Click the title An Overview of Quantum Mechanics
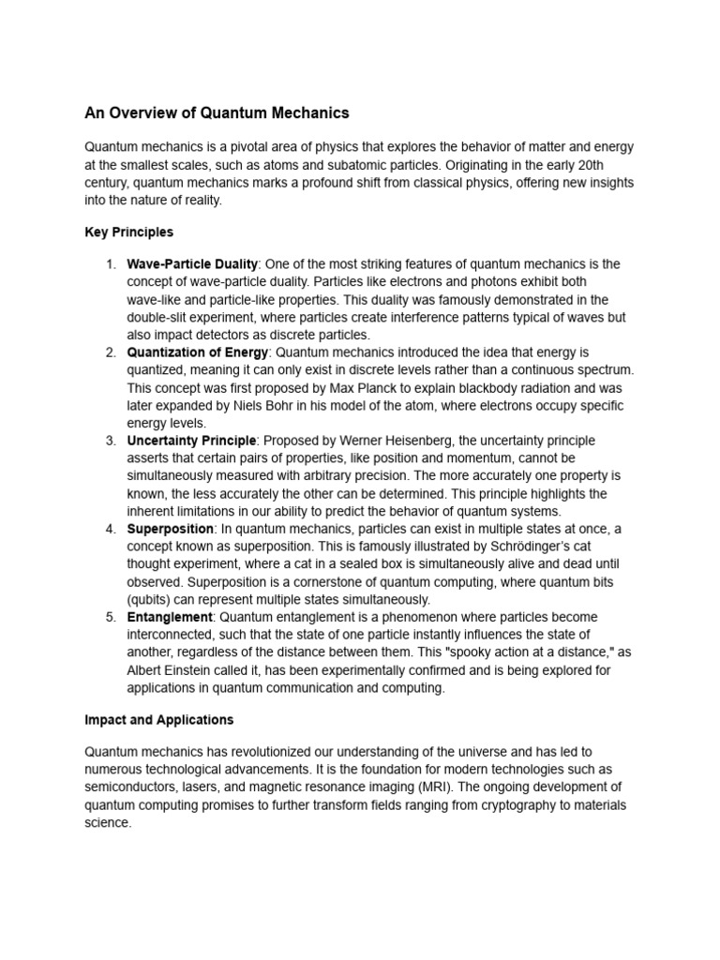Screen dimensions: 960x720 [217, 112]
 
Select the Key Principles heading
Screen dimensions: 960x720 [128, 232]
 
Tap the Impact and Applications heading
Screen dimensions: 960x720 [158, 720]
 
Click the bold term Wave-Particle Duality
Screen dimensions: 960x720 [192, 264]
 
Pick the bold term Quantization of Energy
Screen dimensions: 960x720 [198, 352]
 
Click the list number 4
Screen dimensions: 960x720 [110, 529]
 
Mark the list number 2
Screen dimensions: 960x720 [110, 352]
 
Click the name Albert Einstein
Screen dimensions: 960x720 [173, 670]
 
